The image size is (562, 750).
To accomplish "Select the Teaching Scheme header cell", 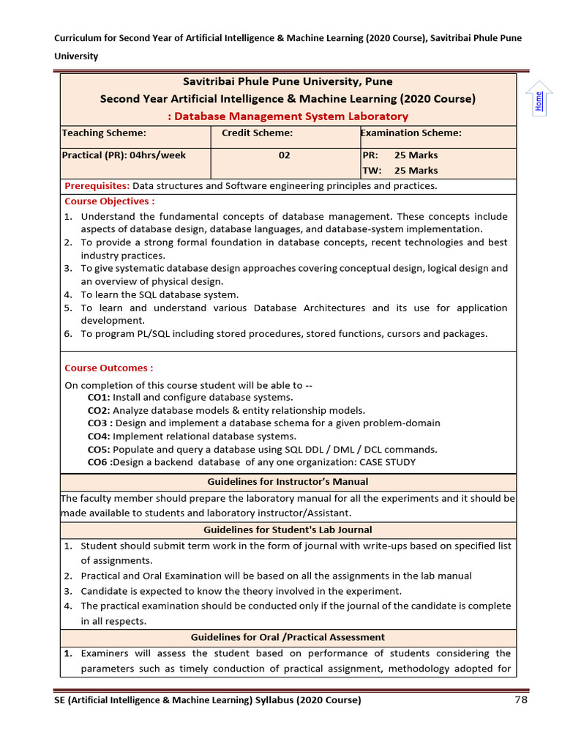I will (104, 133).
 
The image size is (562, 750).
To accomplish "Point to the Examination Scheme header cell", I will (411, 133).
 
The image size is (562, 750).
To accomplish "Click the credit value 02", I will (284, 155).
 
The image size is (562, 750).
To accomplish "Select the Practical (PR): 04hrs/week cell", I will (124, 155).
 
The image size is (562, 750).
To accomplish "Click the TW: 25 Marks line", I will (400, 171).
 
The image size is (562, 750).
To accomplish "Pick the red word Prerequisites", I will (97, 186).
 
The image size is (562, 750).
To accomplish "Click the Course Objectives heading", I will (110, 201).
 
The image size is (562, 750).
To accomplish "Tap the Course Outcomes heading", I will (109, 368).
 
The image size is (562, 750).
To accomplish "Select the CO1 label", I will (99, 398).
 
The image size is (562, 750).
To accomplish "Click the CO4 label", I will (99, 437).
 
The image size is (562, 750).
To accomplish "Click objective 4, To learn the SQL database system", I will (160, 294).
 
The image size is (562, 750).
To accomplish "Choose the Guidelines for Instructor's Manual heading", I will (288, 482).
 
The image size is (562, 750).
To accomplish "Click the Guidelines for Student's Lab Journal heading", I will (288, 530).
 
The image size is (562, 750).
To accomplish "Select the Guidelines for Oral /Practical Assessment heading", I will (288, 637).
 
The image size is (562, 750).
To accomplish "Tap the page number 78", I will (521, 700).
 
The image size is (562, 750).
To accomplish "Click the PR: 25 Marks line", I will (400, 155).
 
